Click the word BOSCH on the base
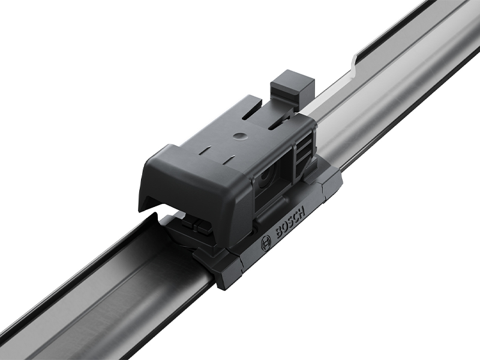point(290,221)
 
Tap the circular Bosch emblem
point(265,244)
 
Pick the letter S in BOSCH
point(290,221)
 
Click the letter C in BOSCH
point(296,216)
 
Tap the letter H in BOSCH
point(302,211)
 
